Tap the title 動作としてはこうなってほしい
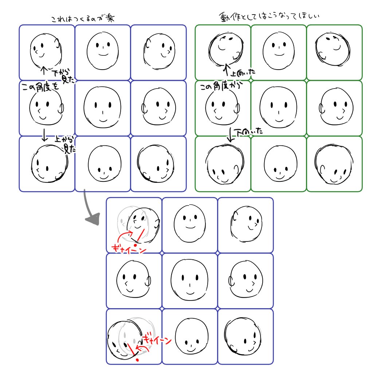click(273, 17)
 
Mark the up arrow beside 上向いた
click(227, 69)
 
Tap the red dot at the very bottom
click(137, 360)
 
